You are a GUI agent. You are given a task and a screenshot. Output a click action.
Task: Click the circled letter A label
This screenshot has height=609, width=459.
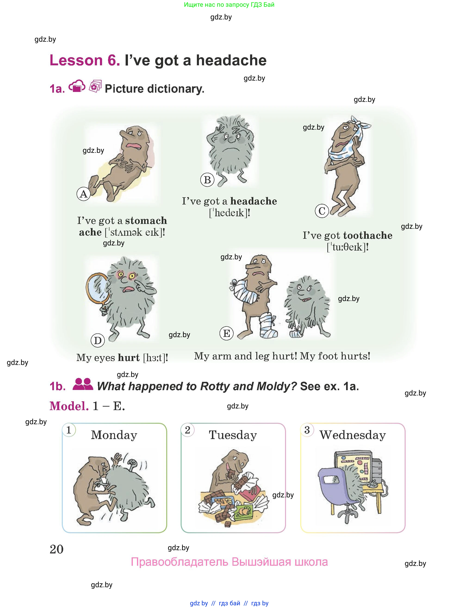(84, 194)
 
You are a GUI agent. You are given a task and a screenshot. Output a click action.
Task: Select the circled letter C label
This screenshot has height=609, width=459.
(322, 211)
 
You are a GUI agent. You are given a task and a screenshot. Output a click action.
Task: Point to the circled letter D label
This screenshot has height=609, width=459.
(98, 341)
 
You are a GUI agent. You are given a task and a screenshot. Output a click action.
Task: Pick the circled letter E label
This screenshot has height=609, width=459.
(226, 333)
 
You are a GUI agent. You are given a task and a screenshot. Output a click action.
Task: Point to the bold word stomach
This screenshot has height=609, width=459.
(146, 220)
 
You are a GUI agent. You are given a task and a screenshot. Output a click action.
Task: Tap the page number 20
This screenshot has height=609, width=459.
(57, 549)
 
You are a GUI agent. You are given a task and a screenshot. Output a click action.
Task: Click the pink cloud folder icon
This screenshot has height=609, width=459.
(77, 86)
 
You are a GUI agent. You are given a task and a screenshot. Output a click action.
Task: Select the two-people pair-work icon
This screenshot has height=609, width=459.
(83, 384)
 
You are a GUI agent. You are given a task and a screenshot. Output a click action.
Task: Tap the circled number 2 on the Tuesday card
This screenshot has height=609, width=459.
(188, 430)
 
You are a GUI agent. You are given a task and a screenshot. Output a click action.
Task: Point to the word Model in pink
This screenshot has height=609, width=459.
(69, 406)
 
